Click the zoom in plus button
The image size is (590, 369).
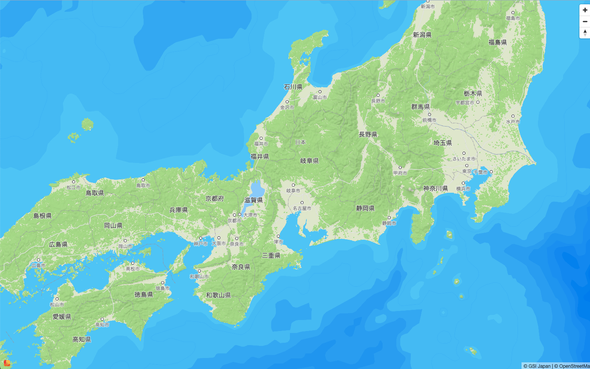(x=585, y=10)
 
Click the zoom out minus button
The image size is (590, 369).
(x=585, y=22)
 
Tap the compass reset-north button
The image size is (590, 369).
(x=585, y=33)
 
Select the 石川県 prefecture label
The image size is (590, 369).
(x=293, y=87)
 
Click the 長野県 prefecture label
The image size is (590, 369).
(x=368, y=134)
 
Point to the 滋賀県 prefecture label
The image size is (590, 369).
(x=254, y=200)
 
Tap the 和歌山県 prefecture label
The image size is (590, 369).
(x=218, y=295)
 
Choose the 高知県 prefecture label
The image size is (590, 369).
(x=82, y=339)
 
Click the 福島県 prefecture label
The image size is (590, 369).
(x=497, y=42)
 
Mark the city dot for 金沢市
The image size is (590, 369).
(x=287, y=102)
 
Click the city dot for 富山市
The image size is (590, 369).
(x=320, y=92)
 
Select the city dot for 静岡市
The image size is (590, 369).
(x=389, y=218)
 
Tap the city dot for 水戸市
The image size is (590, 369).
(x=513, y=116)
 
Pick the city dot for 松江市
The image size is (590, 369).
(x=73, y=182)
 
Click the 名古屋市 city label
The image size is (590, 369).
(x=302, y=208)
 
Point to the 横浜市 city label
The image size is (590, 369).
(x=463, y=189)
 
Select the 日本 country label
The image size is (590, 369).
(x=300, y=142)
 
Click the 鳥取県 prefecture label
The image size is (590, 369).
(x=95, y=193)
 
